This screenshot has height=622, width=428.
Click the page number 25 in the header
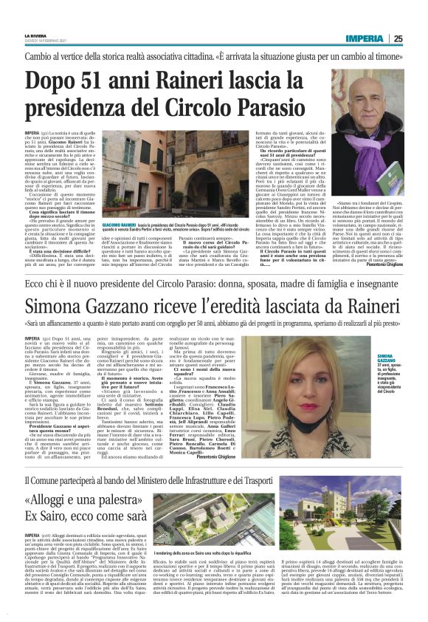coord(398,38)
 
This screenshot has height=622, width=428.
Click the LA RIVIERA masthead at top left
coord(34,35)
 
